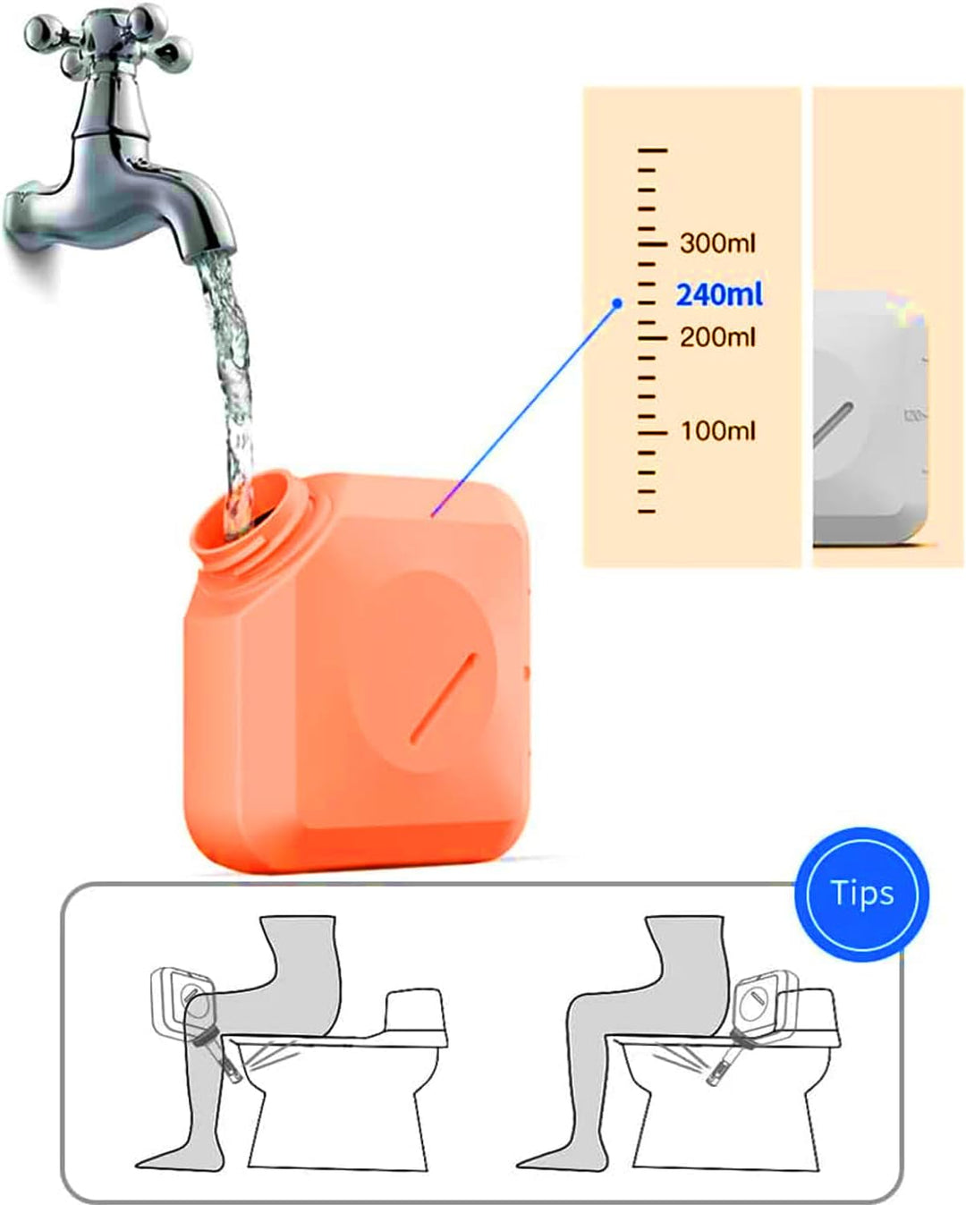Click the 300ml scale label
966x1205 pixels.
pos(717,243)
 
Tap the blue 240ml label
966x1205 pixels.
pos(719,294)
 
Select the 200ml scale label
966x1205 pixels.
pos(717,337)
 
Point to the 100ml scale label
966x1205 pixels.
pos(717,430)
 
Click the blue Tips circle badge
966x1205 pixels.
pos(861,893)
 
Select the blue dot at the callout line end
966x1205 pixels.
pos(617,303)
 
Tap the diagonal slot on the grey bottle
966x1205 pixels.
pos(833,426)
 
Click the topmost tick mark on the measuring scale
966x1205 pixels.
pos(652,150)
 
